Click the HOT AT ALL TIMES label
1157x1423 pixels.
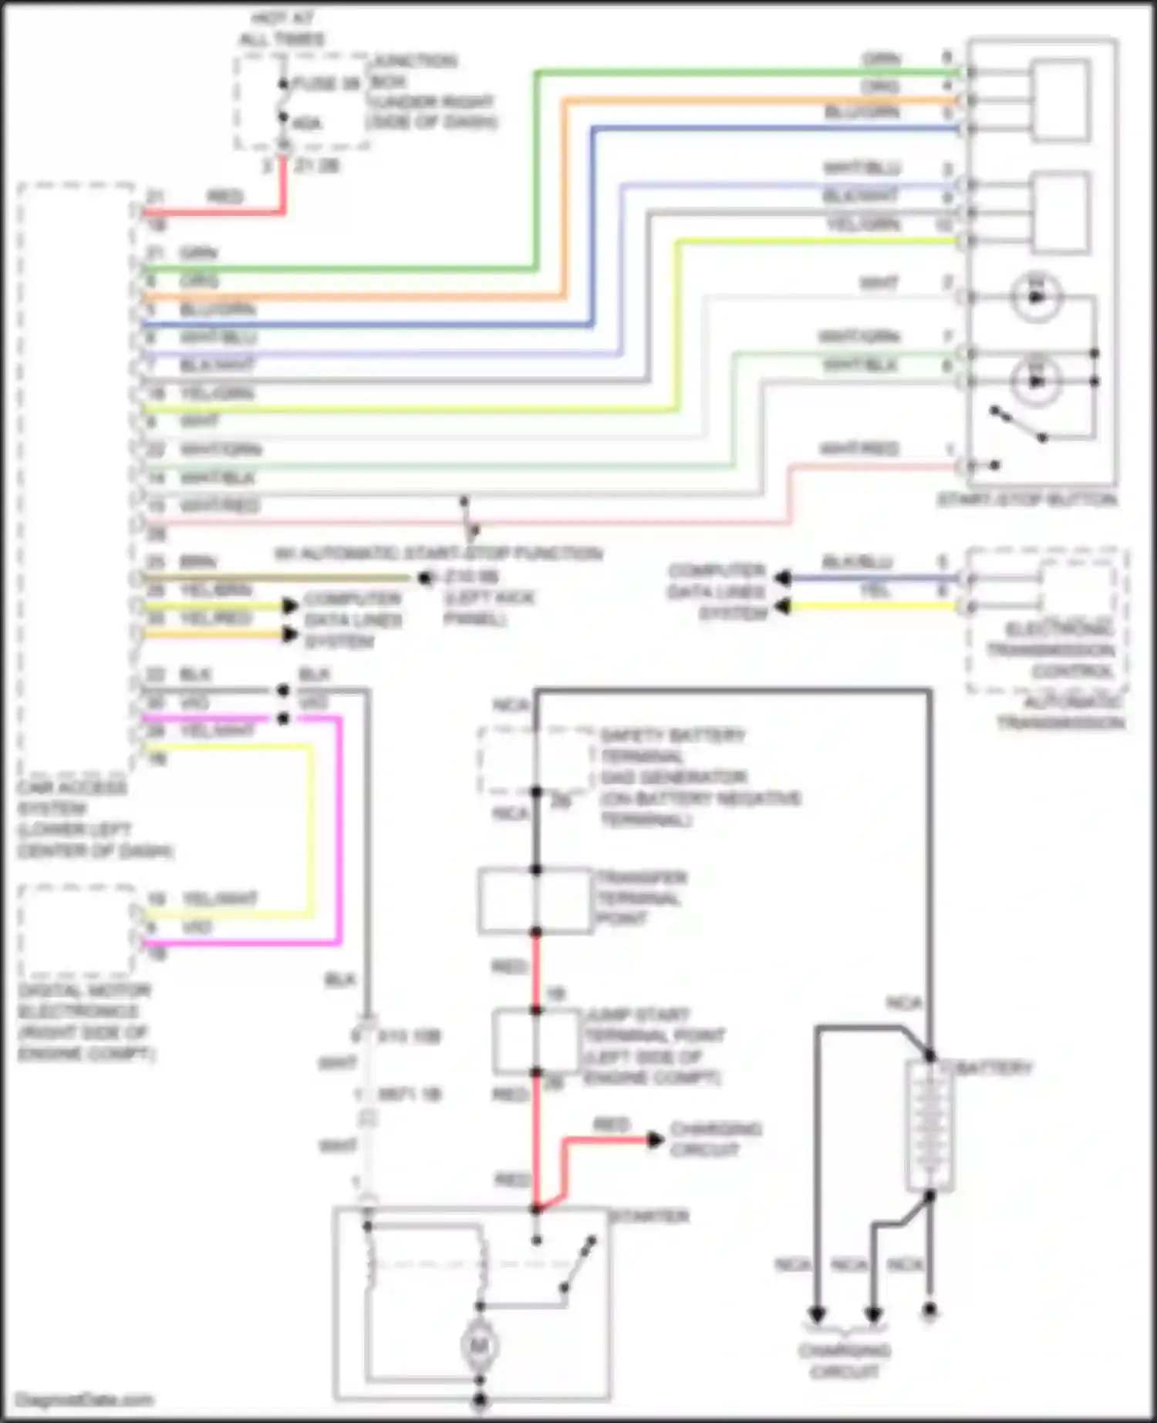click(282, 29)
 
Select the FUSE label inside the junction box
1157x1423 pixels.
click(327, 83)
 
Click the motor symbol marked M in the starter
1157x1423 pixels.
click(479, 1346)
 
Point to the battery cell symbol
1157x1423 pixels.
click(930, 1125)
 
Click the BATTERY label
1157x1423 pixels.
click(994, 1068)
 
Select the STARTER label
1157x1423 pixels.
click(649, 1216)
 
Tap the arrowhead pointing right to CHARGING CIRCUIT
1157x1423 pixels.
click(655, 1139)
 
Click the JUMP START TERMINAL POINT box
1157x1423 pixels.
click(535, 1041)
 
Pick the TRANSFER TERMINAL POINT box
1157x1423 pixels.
click(535, 900)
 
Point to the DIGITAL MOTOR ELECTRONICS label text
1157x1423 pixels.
click(85, 1021)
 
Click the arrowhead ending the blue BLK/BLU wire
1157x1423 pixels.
click(783, 578)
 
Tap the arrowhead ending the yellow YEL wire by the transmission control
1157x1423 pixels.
click(783, 607)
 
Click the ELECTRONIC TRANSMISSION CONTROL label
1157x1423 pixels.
click(1051, 650)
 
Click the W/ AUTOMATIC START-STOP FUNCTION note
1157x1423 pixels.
click(438, 553)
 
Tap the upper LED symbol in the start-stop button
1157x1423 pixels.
click(1036, 297)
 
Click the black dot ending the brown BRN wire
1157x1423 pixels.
click(423, 577)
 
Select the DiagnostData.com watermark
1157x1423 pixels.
click(84, 1399)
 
